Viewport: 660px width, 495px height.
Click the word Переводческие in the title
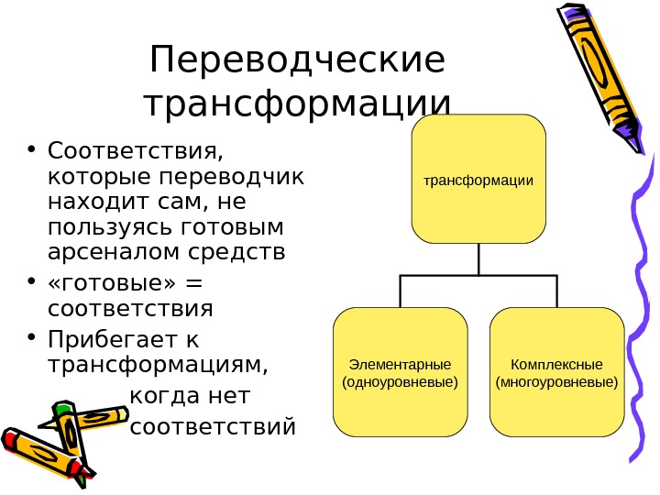point(297,62)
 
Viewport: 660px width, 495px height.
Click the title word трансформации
point(299,104)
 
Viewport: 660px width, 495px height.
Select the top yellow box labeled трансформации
point(478,180)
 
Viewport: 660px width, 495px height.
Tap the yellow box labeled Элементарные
point(400,371)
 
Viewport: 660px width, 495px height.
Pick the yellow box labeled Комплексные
point(557,371)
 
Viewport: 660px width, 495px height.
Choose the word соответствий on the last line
point(214,427)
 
